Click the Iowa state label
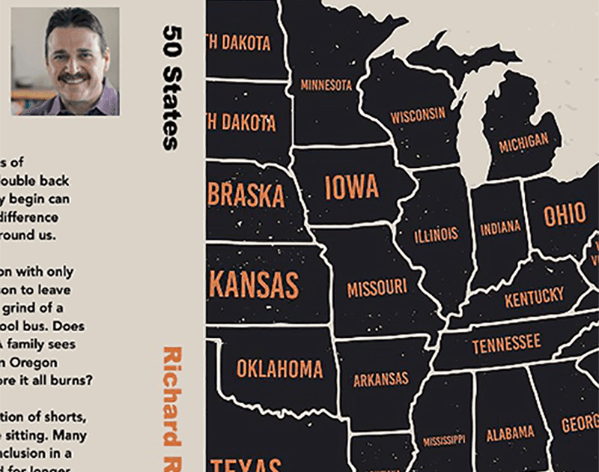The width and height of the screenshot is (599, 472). click(x=352, y=187)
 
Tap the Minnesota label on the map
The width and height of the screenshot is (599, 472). click(x=326, y=85)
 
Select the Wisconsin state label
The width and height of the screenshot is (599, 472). click(x=418, y=116)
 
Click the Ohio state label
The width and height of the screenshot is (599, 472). click(x=565, y=216)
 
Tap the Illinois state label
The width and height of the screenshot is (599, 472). click(x=436, y=235)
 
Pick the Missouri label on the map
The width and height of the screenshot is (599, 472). click(x=377, y=287)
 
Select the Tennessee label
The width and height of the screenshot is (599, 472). click(x=505, y=345)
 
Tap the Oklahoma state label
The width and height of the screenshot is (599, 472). click(x=279, y=369)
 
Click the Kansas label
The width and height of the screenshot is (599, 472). click(x=255, y=285)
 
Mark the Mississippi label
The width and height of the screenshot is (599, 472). click(x=444, y=440)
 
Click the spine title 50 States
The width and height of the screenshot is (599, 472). click(x=171, y=86)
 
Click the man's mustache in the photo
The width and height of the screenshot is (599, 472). click(x=74, y=77)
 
